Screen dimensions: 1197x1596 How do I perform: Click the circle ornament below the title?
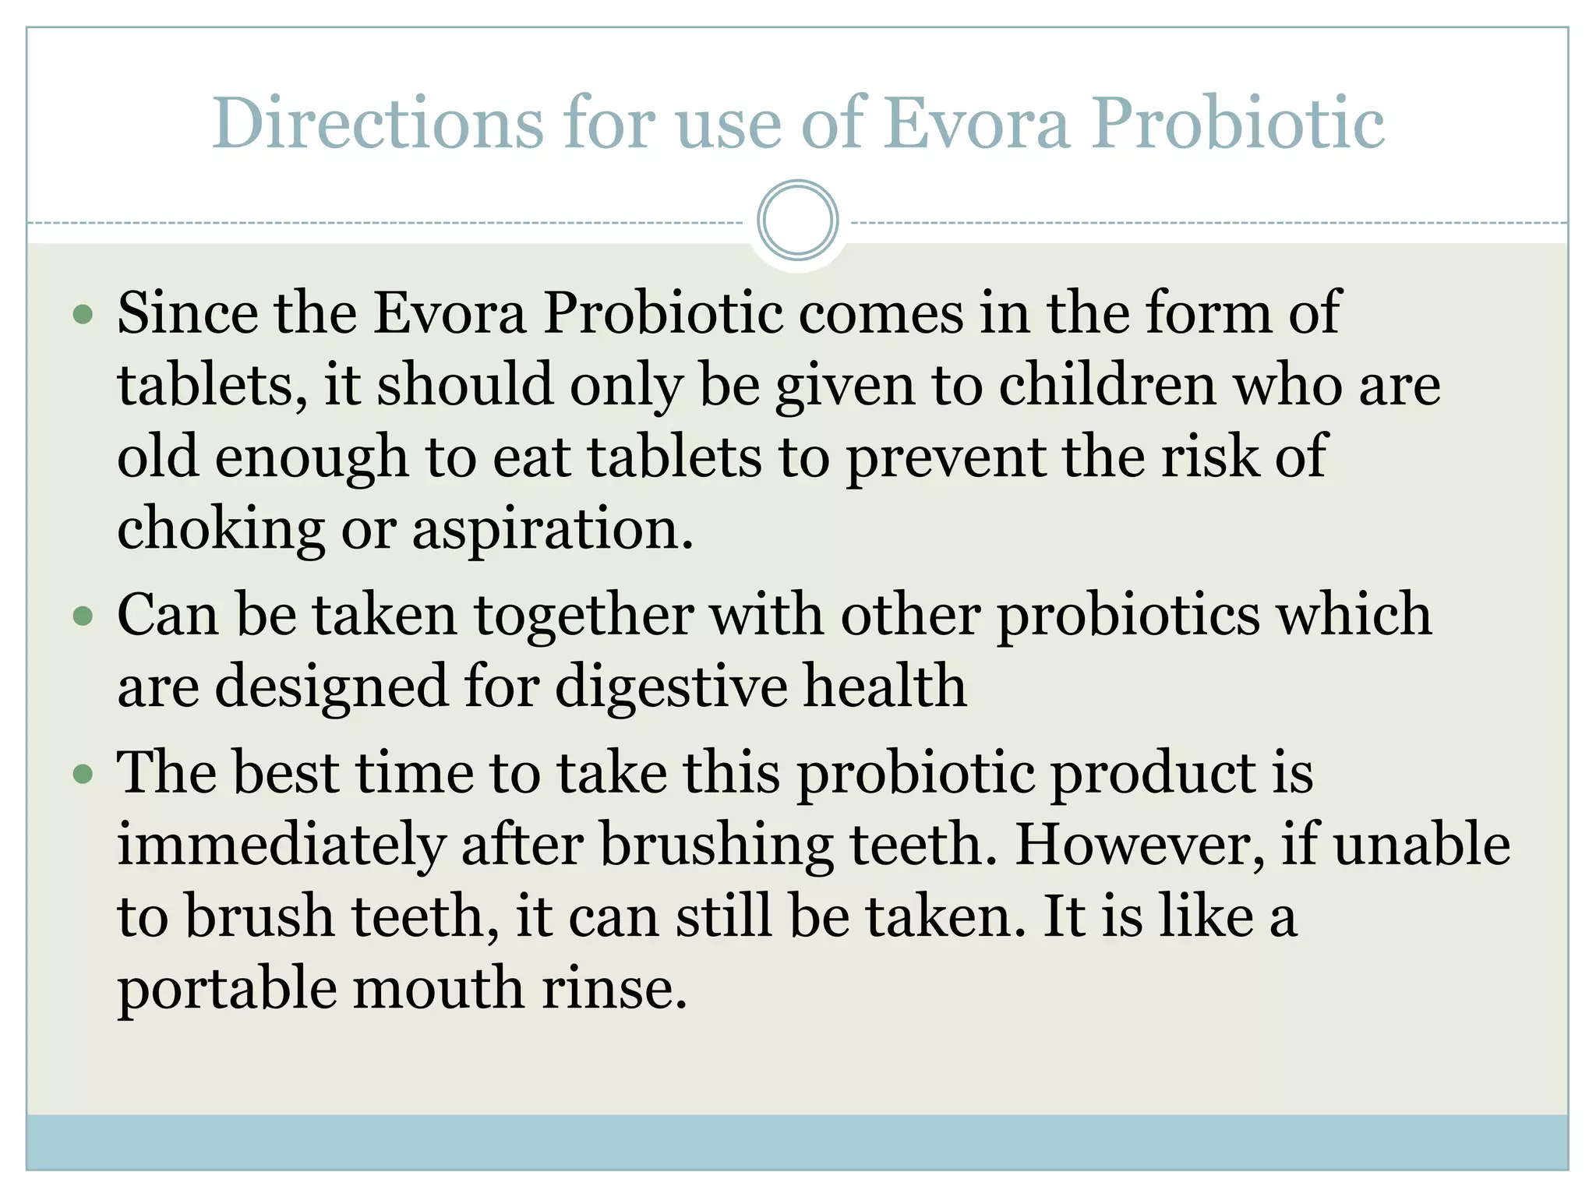click(797, 221)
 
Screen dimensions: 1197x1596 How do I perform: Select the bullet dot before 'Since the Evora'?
click(83, 315)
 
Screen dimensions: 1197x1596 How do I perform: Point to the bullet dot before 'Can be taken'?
click(83, 617)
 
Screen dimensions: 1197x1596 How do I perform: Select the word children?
click(1107, 385)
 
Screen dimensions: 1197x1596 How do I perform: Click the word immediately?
click(281, 846)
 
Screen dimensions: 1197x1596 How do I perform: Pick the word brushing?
click(716, 846)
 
